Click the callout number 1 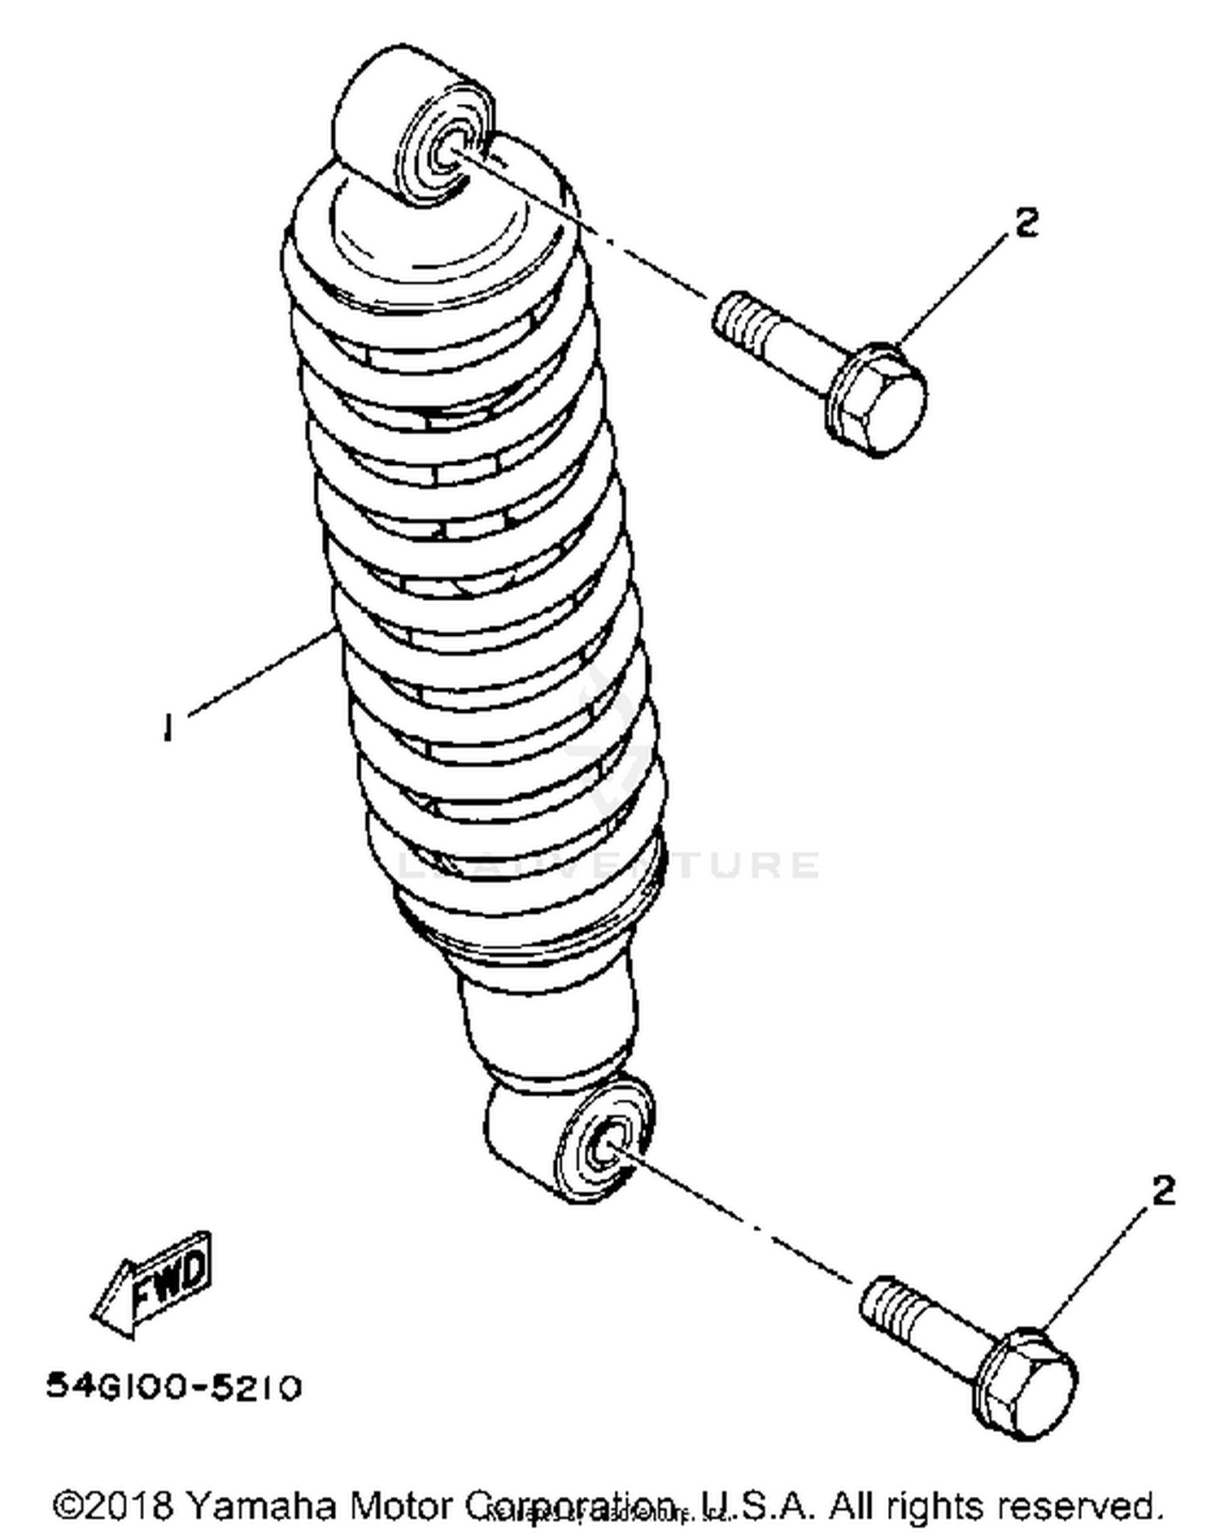(x=168, y=726)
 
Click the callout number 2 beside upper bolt (x=1027, y=222)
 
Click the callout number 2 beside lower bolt (x=1164, y=1191)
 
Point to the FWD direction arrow (x=155, y=1285)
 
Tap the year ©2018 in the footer (x=114, y=1505)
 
